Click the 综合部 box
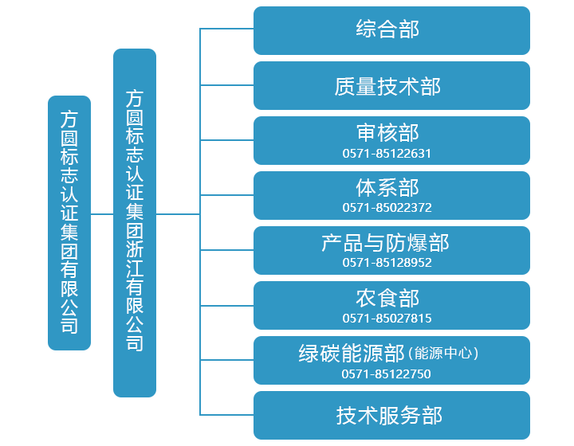pyautogui.click(x=391, y=30)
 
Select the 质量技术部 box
pyautogui.click(x=391, y=86)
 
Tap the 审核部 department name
pyautogui.click(x=387, y=132)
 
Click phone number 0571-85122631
pyautogui.click(x=387, y=153)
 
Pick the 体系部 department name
pyautogui.click(x=387, y=187)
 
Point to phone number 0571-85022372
pyautogui.click(x=387, y=208)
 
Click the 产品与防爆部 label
pyautogui.click(x=385, y=243)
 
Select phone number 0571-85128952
pyautogui.click(x=387, y=263)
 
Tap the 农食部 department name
pyautogui.click(x=387, y=298)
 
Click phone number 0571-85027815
pyautogui.click(x=387, y=319)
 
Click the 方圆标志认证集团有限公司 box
pyautogui.click(x=69, y=223)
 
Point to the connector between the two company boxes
pyautogui.click(x=102, y=214)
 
